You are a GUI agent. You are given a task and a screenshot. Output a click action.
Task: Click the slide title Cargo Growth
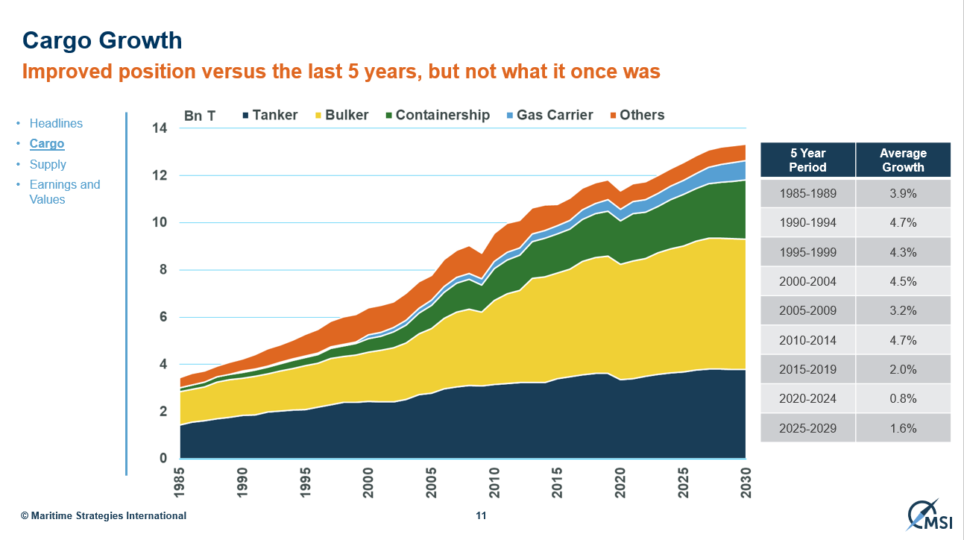102,40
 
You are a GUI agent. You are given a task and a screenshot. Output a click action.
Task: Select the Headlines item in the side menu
56,123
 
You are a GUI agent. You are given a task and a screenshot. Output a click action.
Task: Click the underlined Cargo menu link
47,143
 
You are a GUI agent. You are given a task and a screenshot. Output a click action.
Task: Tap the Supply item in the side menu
48,164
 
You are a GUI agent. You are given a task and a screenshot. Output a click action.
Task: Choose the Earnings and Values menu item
64,192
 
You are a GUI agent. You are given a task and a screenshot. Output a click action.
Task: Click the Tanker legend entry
270,115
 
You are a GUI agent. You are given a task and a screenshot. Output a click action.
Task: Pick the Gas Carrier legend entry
549,115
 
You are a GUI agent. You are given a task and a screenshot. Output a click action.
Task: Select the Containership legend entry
437,115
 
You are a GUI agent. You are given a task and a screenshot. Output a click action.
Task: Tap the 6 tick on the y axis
163,317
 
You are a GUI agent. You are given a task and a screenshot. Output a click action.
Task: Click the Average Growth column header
903,160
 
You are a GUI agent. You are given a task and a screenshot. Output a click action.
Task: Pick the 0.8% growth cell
903,398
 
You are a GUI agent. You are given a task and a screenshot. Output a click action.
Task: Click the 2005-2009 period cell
807,310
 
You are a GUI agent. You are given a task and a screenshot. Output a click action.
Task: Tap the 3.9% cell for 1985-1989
903,193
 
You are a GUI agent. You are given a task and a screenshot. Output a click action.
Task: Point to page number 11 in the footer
481,515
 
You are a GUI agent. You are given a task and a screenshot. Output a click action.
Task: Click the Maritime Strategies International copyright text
104,515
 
